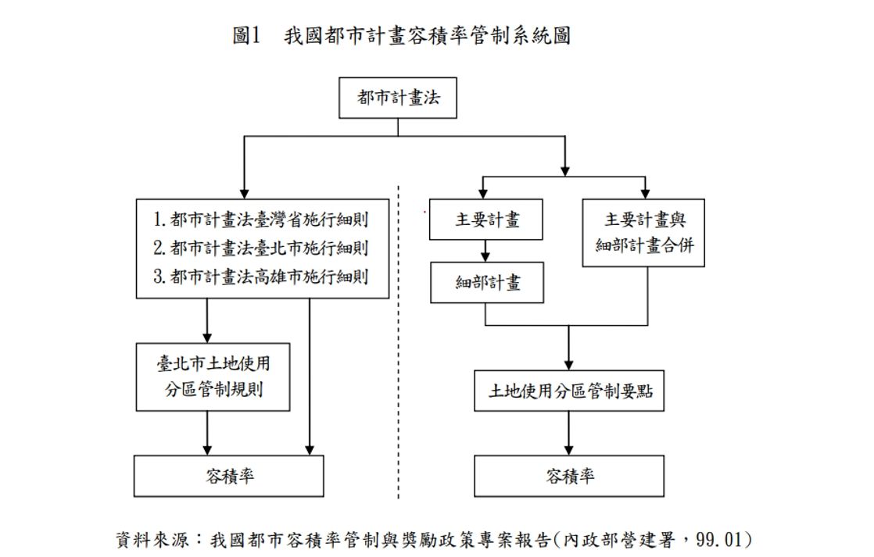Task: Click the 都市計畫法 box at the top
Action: [x=398, y=98]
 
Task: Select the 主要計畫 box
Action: [x=486, y=220]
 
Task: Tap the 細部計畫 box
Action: [x=486, y=282]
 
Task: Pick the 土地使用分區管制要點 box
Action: [x=569, y=391]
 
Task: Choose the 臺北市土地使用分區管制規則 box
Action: [x=213, y=376]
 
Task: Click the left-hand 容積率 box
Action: [x=228, y=476]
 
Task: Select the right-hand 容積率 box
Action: [x=569, y=476]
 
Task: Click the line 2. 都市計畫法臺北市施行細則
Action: [x=261, y=248]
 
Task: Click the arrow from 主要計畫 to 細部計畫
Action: [x=486, y=251]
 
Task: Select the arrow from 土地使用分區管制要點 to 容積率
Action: [x=569, y=434]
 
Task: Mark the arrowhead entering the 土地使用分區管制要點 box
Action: [x=569, y=365]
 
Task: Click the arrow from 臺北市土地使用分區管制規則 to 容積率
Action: [x=207, y=434]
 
